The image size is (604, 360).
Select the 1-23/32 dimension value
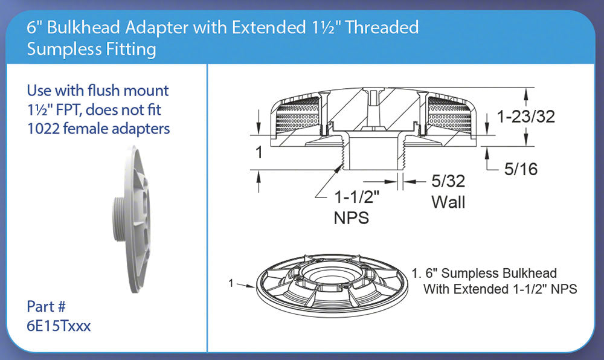point(526,117)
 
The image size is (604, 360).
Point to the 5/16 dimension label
point(521,169)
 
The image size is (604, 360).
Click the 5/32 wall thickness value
point(448,181)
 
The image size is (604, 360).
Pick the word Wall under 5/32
point(448,202)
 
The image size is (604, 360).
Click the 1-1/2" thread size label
point(357,197)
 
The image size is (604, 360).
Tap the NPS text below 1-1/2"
point(352,218)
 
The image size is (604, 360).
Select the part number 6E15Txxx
point(59,326)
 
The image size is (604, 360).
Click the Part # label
point(47,307)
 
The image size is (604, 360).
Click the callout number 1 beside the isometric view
point(231,283)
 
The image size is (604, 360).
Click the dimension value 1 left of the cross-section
point(259,152)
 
